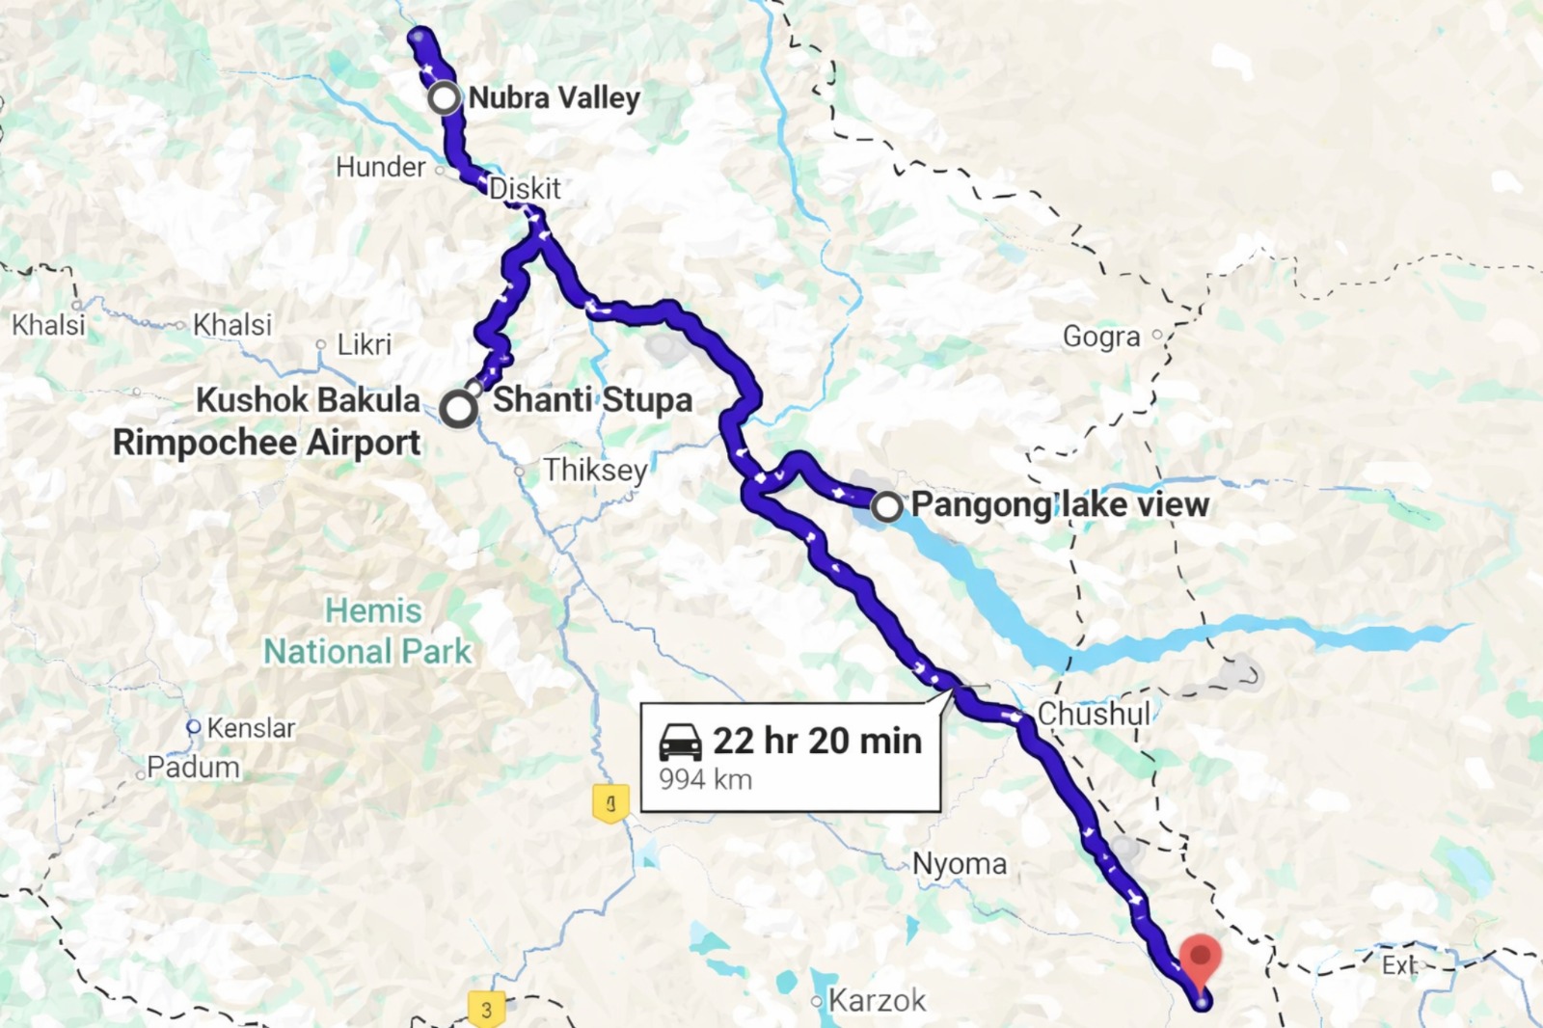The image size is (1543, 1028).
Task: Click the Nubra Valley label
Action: point(554,98)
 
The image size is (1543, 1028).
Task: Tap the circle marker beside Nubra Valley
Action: point(445,97)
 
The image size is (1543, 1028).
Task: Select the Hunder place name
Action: point(380,167)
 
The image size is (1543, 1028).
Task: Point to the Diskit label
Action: point(525,188)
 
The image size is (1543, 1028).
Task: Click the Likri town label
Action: point(364,344)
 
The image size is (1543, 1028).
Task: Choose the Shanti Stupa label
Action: point(592,399)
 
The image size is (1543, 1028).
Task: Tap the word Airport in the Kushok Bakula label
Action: point(364,443)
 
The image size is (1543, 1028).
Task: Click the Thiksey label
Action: point(595,470)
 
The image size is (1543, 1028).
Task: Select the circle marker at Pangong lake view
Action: point(886,506)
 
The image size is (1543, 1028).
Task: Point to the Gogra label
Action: point(1101,336)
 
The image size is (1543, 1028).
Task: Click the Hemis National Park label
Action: point(369,632)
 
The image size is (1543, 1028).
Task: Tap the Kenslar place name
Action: point(251,728)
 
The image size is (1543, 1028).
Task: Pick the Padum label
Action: point(193,768)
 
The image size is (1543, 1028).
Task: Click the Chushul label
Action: point(1094,714)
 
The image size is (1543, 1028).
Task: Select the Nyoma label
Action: point(960,864)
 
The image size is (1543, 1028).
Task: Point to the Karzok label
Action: point(877,1001)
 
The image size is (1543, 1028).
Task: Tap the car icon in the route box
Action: point(681,743)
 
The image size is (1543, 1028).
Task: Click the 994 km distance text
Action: point(705,779)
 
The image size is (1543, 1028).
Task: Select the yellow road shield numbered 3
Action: point(487,1009)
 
